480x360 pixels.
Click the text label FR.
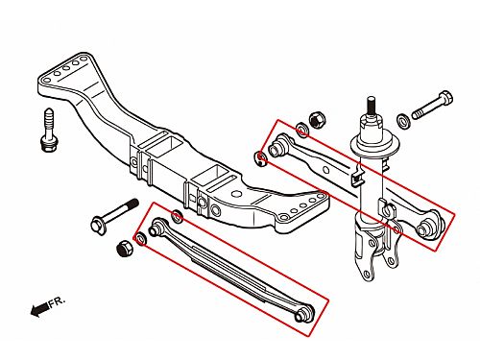coord(57,302)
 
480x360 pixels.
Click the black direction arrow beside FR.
coord(40,309)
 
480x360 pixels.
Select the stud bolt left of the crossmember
coord(49,130)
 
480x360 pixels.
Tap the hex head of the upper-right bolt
coord(445,97)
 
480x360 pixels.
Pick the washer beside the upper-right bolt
coord(403,121)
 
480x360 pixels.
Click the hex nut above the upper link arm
coord(317,119)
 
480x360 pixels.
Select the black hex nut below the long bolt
coord(125,248)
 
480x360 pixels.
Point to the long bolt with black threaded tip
coord(114,215)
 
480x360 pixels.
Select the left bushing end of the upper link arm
coord(277,147)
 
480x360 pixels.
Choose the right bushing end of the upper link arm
coord(429,226)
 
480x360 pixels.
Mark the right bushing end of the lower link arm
coord(304,313)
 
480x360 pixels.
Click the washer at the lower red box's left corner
coord(140,239)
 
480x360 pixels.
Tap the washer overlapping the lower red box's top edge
coord(177,217)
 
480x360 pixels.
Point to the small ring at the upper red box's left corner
coord(261,159)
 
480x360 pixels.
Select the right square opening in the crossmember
coord(211,177)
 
